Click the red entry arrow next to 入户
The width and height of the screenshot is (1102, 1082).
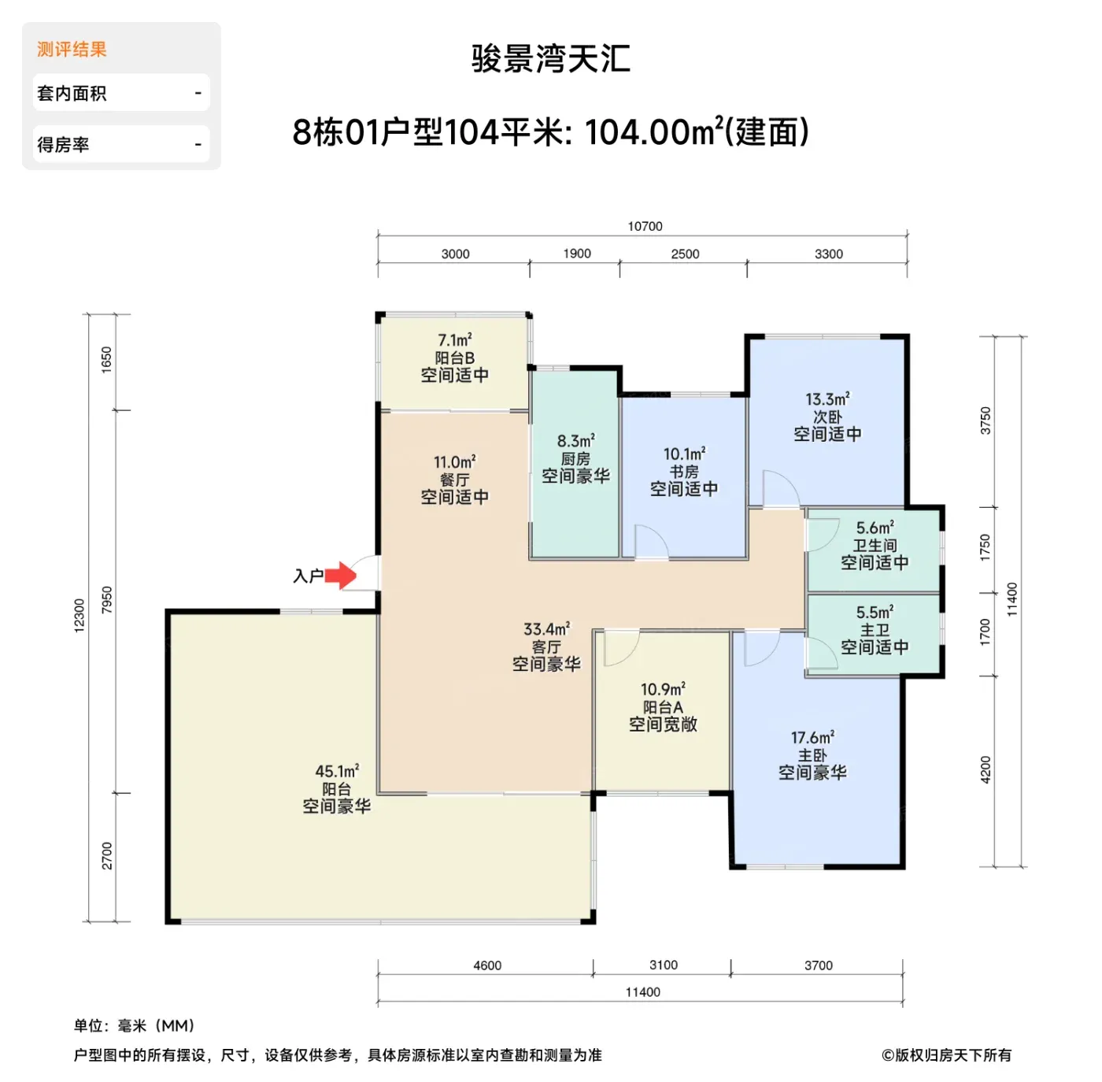(341, 575)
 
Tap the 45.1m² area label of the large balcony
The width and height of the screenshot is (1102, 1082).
(337, 771)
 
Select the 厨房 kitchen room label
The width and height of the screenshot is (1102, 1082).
(575, 458)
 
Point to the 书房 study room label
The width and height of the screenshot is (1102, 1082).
(684, 472)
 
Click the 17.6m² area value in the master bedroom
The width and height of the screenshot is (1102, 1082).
(812, 738)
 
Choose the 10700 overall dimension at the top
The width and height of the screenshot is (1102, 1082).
(645, 227)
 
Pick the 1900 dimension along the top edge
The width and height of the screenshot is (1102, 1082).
(577, 254)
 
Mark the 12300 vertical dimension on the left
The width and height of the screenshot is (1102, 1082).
(79, 616)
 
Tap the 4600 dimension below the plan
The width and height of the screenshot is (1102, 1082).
(487, 965)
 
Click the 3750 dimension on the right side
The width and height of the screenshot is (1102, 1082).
(986, 421)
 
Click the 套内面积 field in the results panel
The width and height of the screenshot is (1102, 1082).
(121, 93)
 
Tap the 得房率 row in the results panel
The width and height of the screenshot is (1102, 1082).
(121, 144)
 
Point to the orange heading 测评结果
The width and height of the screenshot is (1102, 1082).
(72, 49)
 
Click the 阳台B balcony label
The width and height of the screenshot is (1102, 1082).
(455, 358)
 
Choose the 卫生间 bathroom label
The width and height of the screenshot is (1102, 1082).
(875, 545)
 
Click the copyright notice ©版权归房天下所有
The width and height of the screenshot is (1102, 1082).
(946, 1054)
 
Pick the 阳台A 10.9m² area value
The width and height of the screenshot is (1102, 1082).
(663, 689)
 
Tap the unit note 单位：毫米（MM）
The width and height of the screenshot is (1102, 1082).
(135, 1025)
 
